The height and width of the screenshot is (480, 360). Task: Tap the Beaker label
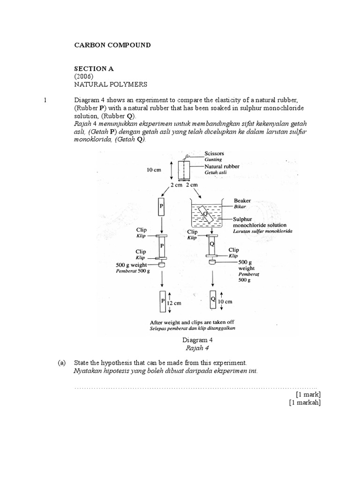[x=242, y=200]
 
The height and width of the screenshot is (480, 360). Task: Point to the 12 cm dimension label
[x=174, y=303]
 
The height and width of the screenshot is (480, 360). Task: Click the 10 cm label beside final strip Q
[x=225, y=301]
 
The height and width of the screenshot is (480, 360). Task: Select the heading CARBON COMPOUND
[x=112, y=45]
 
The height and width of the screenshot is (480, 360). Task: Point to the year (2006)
[x=85, y=76]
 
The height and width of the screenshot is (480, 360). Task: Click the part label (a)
[x=61, y=363]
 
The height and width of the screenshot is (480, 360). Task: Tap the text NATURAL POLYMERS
[x=111, y=84]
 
